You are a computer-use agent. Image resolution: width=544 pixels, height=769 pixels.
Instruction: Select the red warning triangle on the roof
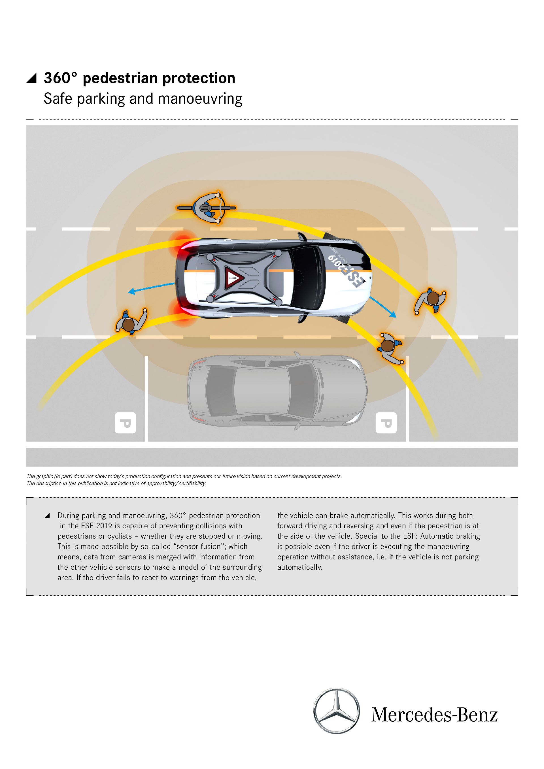click(233, 278)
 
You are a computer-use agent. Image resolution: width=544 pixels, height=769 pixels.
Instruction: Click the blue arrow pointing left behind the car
click(151, 288)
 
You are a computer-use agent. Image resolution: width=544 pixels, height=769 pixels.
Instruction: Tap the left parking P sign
click(125, 423)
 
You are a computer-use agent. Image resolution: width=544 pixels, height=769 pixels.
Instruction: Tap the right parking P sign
click(386, 423)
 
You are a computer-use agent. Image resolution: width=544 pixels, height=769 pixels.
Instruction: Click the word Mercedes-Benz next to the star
click(434, 715)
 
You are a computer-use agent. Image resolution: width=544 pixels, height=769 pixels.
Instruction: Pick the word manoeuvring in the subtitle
click(200, 99)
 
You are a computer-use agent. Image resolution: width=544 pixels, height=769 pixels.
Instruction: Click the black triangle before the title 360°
click(31, 78)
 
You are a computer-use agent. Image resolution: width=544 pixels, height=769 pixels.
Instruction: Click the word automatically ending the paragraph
click(299, 567)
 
